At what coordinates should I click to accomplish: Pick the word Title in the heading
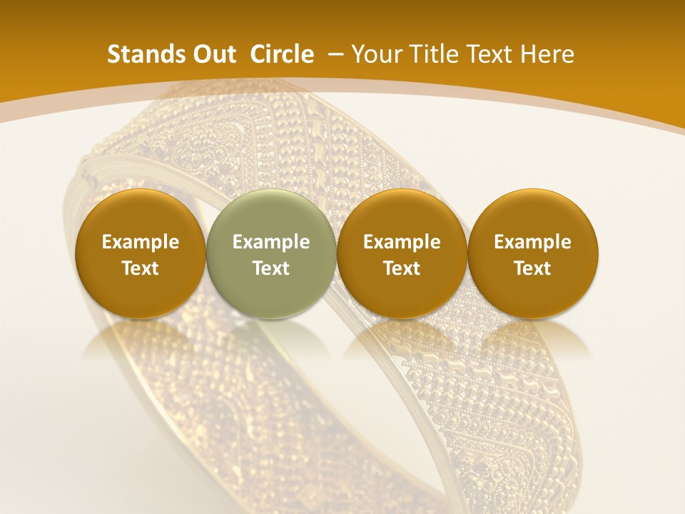[430, 54]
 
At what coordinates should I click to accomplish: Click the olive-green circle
[271, 253]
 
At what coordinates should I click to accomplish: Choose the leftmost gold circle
[141, 253]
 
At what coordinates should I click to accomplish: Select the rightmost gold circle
[533, 253]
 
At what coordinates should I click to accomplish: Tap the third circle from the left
[402, 253]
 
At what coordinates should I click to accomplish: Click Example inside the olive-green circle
[271, 242]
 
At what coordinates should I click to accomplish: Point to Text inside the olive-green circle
[271, 268]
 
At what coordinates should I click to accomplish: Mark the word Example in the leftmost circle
[141, 242]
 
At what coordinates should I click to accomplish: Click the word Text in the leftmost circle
[141, 268]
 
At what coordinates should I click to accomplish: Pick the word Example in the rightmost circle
[533, 242]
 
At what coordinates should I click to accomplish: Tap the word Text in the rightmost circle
[533, 268]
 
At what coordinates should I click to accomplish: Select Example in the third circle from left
[402, 242]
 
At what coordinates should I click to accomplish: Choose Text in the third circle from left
[402, 268]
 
